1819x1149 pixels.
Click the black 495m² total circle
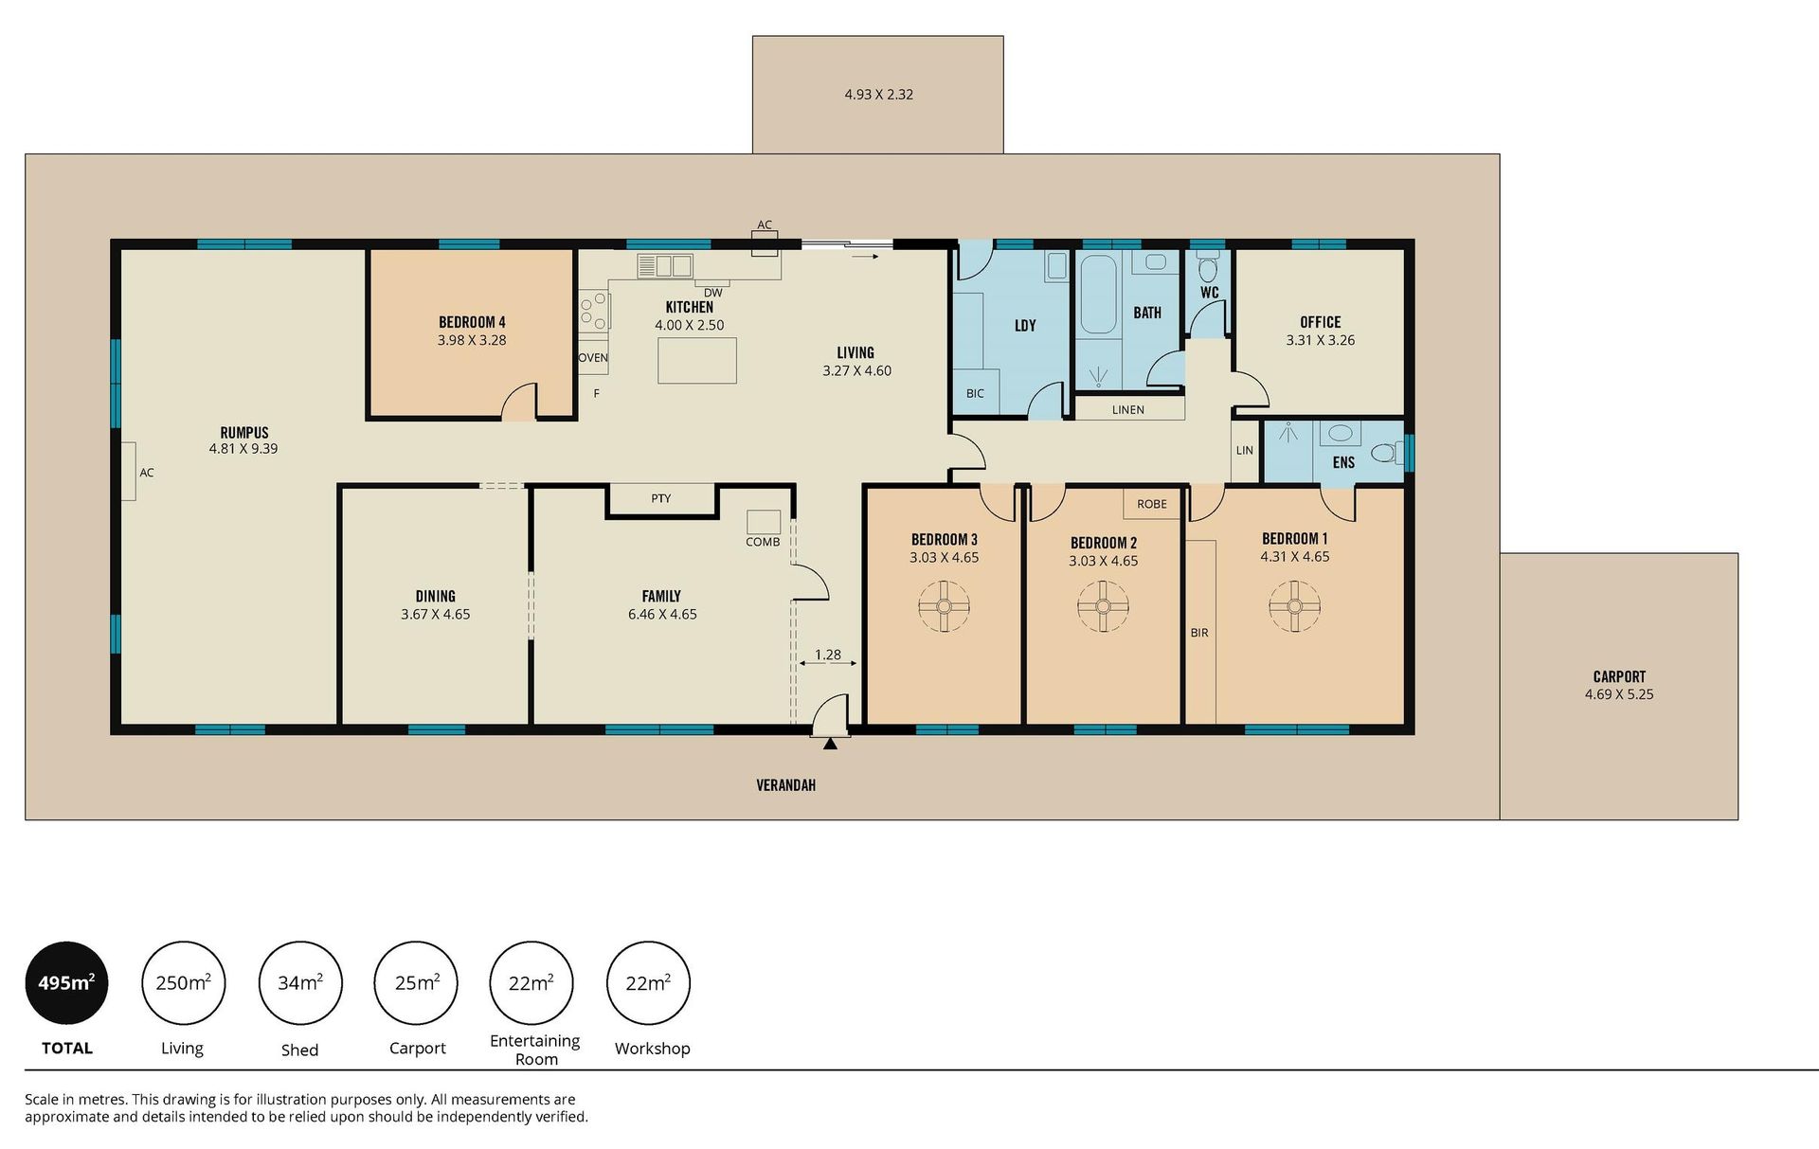(66, 983)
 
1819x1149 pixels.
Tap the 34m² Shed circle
(300, 983)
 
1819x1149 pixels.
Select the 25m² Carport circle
(416, 983)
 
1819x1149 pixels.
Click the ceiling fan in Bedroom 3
(945, 606)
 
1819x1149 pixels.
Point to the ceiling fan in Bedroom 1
(1295, 606)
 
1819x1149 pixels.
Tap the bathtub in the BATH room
(1098, 295)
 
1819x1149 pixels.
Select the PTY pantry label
(661, 498)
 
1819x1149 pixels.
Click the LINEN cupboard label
(1128, 410)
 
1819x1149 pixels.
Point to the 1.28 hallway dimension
(828, 655)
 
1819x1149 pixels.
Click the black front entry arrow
(831, 744)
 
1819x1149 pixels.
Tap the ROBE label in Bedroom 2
(1152, 504)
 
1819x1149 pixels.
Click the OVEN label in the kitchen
(593, 358)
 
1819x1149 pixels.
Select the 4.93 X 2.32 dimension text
(879, 95)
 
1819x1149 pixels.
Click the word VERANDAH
(785, 785)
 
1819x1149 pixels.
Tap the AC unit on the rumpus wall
(127, 472)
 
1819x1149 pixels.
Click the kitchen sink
(665, 266)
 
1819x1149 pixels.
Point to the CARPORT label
(1619, 676)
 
